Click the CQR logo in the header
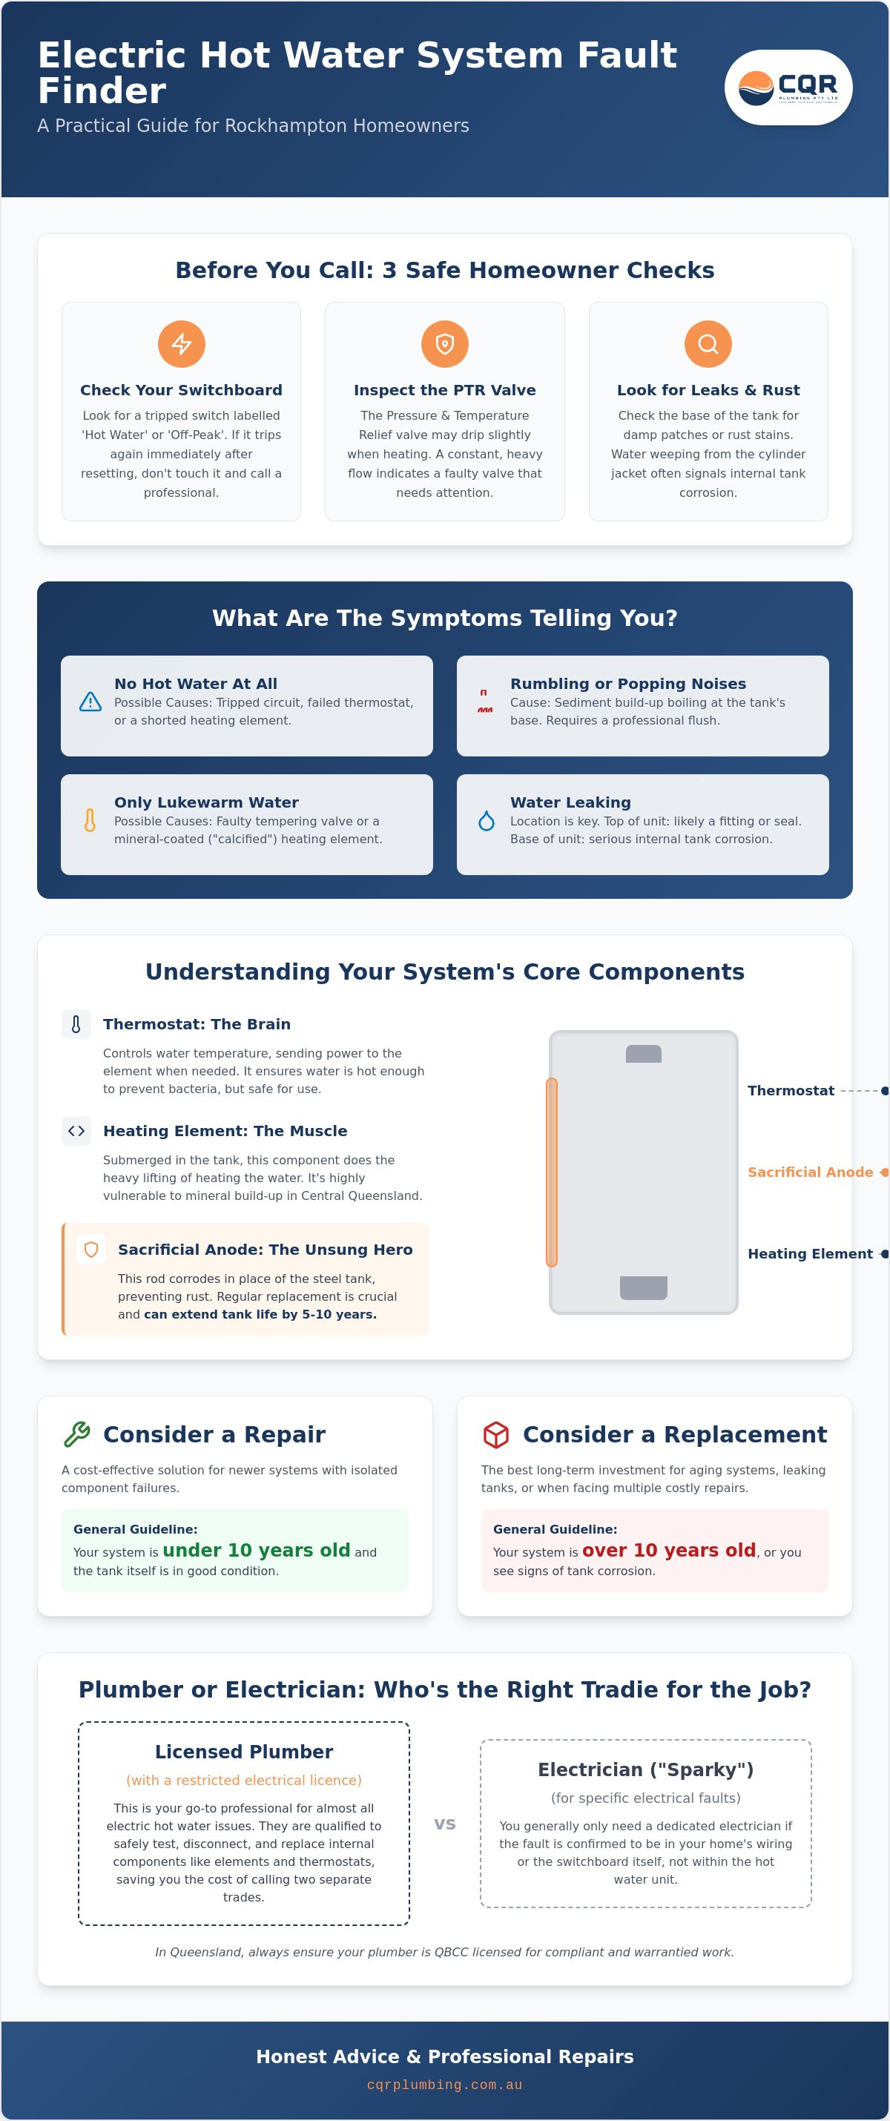pos(788,88)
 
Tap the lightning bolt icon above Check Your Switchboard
pos(181,343)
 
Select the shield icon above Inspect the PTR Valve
pos(444,343)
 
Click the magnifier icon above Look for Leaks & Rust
pos(708,343)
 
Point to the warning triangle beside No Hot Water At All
pos(90,702)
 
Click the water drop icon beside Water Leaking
pos(487,820)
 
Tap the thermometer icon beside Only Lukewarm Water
pos(90,820)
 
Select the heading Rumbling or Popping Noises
pos(628,684)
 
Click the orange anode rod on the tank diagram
pos(552,1172)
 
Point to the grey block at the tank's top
pos(644,1053)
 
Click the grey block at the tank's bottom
pos(644,1287)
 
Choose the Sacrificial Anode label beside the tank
pos(810,1172)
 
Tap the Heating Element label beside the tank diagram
pos(810,1253)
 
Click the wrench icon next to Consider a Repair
pos(76,1434)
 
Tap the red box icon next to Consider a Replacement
pos(495,1434)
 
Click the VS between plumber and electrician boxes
pos(444,1823)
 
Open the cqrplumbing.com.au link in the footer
pos(444,2085)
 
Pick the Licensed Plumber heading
pos(244,1751)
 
